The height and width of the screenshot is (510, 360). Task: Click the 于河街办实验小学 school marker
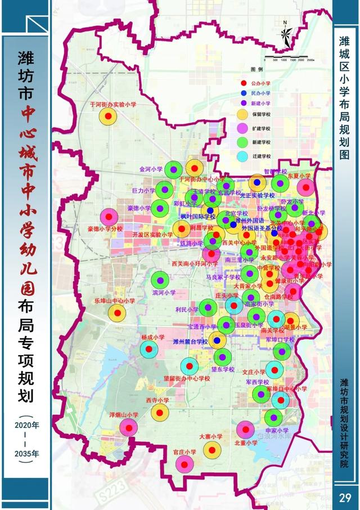pos(108,117)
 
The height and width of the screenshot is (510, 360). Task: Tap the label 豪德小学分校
pos(105,229)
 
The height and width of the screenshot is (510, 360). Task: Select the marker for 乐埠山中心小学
pos(117,314)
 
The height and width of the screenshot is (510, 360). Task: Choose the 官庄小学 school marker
pos(184,464)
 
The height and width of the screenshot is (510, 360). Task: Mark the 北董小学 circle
pos(245,430)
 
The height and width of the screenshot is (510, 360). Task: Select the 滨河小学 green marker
pos(160,280)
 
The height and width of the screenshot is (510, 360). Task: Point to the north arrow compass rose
pos(286,35)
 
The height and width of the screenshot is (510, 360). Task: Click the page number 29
pos(345,497)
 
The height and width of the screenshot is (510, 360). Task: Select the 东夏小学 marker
pos(305,187)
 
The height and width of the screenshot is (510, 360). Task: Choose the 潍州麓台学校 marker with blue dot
pos(217,340)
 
